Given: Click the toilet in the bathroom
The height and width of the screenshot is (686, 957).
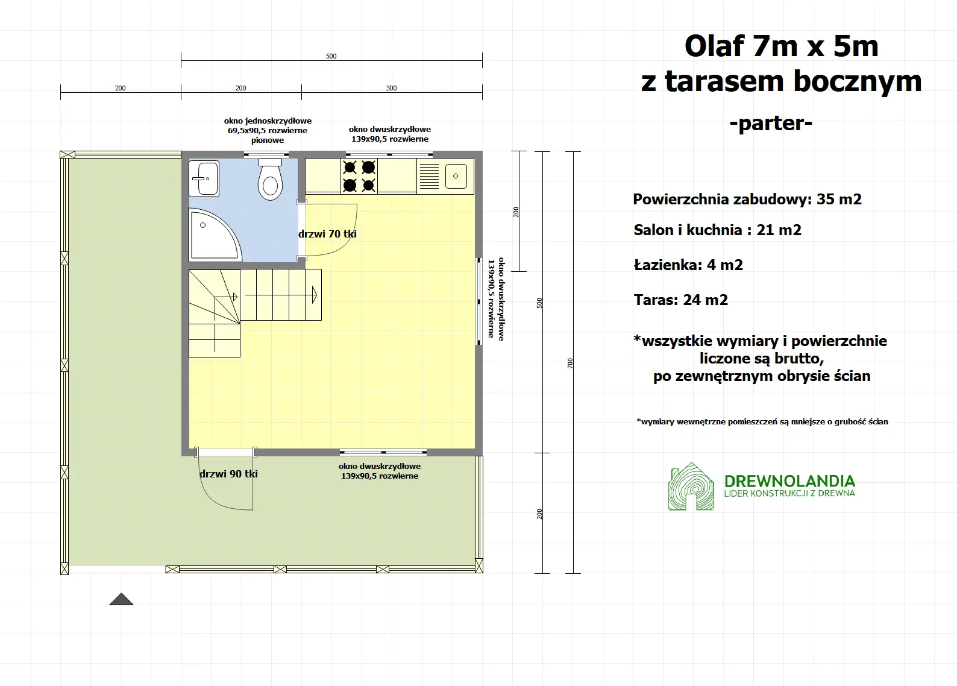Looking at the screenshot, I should (x=271, y=181).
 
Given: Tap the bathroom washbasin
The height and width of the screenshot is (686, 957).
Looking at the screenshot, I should (x=204, y=178).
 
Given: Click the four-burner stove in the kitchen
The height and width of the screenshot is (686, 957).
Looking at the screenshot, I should (x=359, y=176).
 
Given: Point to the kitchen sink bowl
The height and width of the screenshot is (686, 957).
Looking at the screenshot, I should (x=456, y=176).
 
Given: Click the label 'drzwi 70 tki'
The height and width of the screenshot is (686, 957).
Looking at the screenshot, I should (x=327, y=234).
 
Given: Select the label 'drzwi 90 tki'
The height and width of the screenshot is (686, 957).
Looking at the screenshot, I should (x=228, y=474).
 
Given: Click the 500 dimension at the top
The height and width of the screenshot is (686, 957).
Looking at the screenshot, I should (x=331, y=56).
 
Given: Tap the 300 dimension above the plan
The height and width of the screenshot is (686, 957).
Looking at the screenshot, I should (x=392, y=88).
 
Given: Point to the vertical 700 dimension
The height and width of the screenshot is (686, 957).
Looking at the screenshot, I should (x=570, y=363).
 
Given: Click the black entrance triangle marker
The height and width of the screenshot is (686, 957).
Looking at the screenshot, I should (x=121, y=599).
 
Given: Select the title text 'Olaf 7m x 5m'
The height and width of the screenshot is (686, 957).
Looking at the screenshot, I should (x=781, y=46).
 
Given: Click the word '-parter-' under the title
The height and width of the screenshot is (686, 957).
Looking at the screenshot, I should (x=771, y=123).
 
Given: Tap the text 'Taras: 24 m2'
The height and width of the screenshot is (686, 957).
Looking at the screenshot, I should (x=680, y=300).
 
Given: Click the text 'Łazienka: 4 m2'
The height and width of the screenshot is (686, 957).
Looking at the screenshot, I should (x=688, y=265).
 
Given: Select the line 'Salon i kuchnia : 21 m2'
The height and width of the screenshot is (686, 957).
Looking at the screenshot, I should (x=717, y=230).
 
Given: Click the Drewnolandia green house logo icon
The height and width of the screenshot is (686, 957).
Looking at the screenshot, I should (x=691, y=487).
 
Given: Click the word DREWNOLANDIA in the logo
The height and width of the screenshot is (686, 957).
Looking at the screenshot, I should (x=789, y=481).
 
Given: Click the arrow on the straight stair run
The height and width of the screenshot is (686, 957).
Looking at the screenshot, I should (x=314, y=295).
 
